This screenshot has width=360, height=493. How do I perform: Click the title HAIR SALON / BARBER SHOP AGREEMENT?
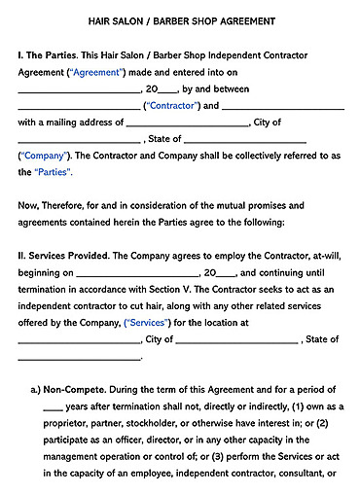(x=179, y=19)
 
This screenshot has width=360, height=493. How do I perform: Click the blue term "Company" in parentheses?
(x=44, y=156)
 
